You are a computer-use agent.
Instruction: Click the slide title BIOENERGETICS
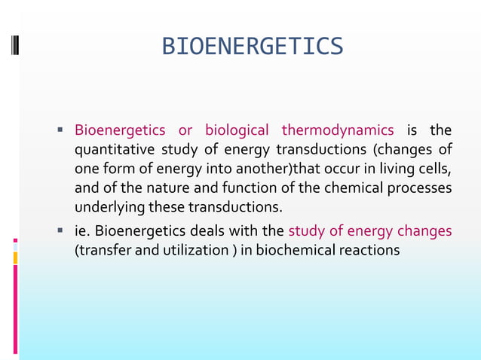coord(253,47)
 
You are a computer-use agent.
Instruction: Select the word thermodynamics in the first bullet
coord(337,130)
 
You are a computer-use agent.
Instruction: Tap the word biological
coord(237,130)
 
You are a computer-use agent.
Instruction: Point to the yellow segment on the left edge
coord(15,258)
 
